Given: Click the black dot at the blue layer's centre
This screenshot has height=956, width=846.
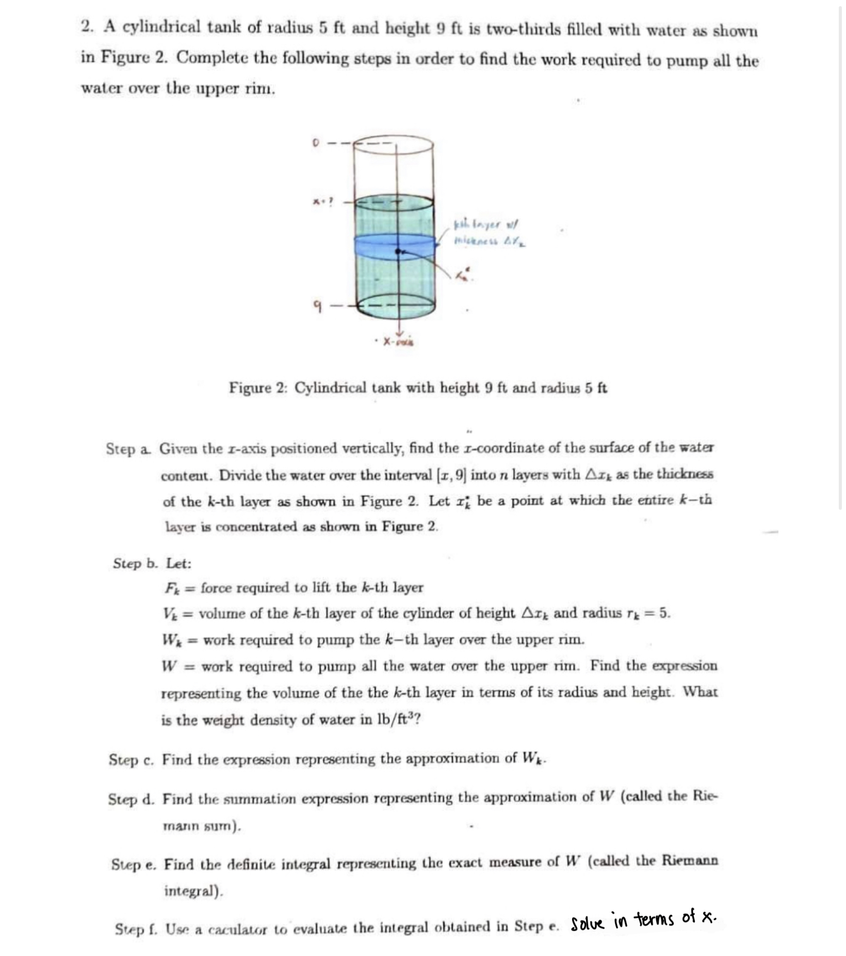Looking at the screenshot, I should [398, 251].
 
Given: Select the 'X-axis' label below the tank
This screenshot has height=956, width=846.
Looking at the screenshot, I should [399, 342].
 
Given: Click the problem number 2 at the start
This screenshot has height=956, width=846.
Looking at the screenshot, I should [87, 27].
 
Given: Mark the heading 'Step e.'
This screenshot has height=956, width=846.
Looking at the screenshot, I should [134, 864].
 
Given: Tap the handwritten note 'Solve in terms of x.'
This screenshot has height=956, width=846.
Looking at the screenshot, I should [643, 919].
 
